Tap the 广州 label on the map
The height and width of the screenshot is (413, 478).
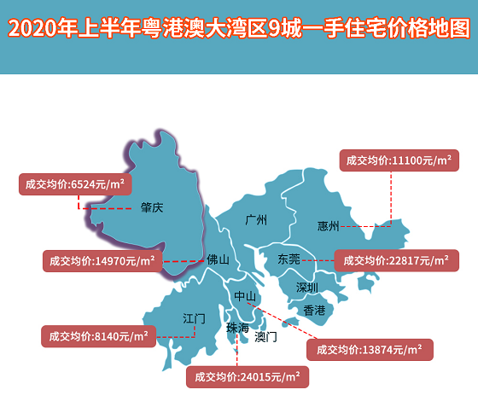click(x=255, y=220)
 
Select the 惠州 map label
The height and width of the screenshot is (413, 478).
click(x=329, y=226)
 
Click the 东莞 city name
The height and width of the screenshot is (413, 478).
click(x=289, y=259)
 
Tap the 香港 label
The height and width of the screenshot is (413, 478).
click(x=315, y=310)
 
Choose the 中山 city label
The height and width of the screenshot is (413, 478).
click(x=245, y=296)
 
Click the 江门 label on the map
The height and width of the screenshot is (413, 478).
click(x=194, y=318)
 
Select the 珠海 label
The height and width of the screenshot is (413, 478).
click(x=237, y=329)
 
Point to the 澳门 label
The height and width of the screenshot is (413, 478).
click(x=265, y=336)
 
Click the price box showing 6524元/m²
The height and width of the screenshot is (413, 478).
click(x=75, y=184)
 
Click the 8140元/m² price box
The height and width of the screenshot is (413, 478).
click(x=98, y=336)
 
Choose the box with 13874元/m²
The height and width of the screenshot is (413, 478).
click(x=369, y=350)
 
